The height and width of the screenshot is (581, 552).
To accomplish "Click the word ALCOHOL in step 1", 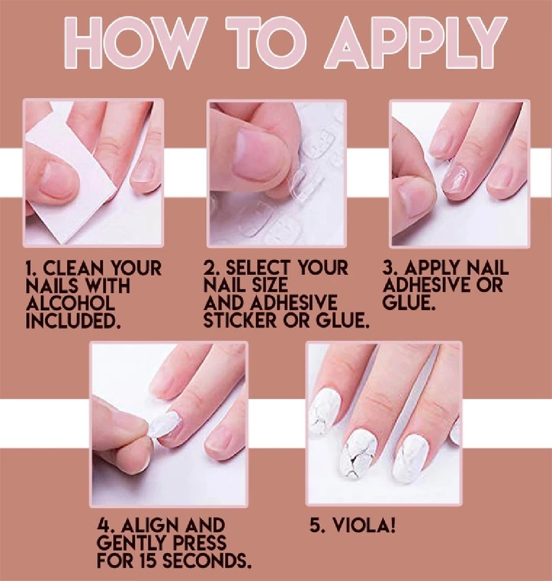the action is tap(70, 304).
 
